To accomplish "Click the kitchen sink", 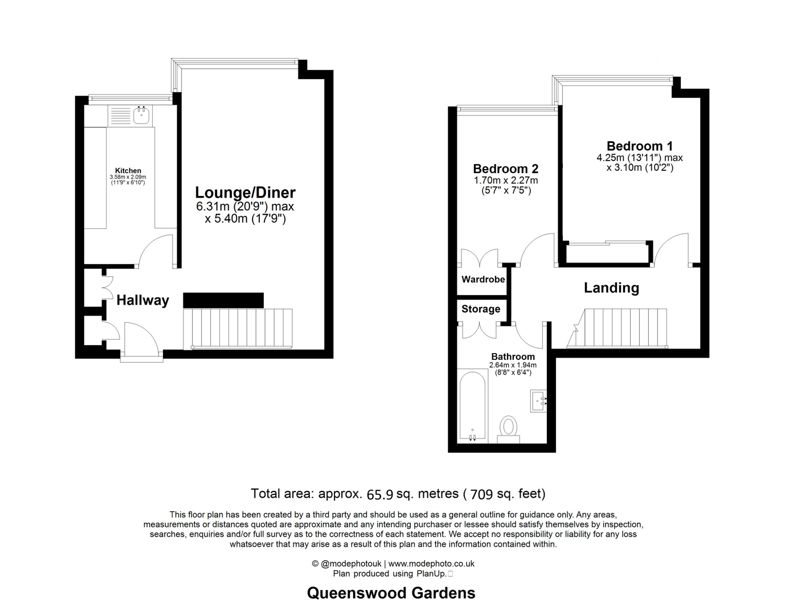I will (x=141, y=116).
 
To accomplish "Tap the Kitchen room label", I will (x=128, y=170).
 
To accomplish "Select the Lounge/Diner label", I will (x=245, y=192).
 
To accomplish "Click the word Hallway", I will (x=142, y=300).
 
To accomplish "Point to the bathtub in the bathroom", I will (x=472, y=405).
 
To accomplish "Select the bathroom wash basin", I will (x=538, y=401).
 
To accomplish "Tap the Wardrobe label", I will (x=483, y=280).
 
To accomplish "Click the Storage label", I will (x=481, y=309).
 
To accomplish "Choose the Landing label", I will (x=611, y=288).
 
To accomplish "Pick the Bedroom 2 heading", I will (x=505, y=169).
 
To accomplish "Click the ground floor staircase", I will (x=238, y=329).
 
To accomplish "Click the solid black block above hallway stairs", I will (x=223, y=300).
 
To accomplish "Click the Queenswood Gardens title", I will (x=391, y=593).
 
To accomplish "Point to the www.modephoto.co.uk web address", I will (x=431, y=564).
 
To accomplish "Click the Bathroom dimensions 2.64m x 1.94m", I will (x=513, y=365).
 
